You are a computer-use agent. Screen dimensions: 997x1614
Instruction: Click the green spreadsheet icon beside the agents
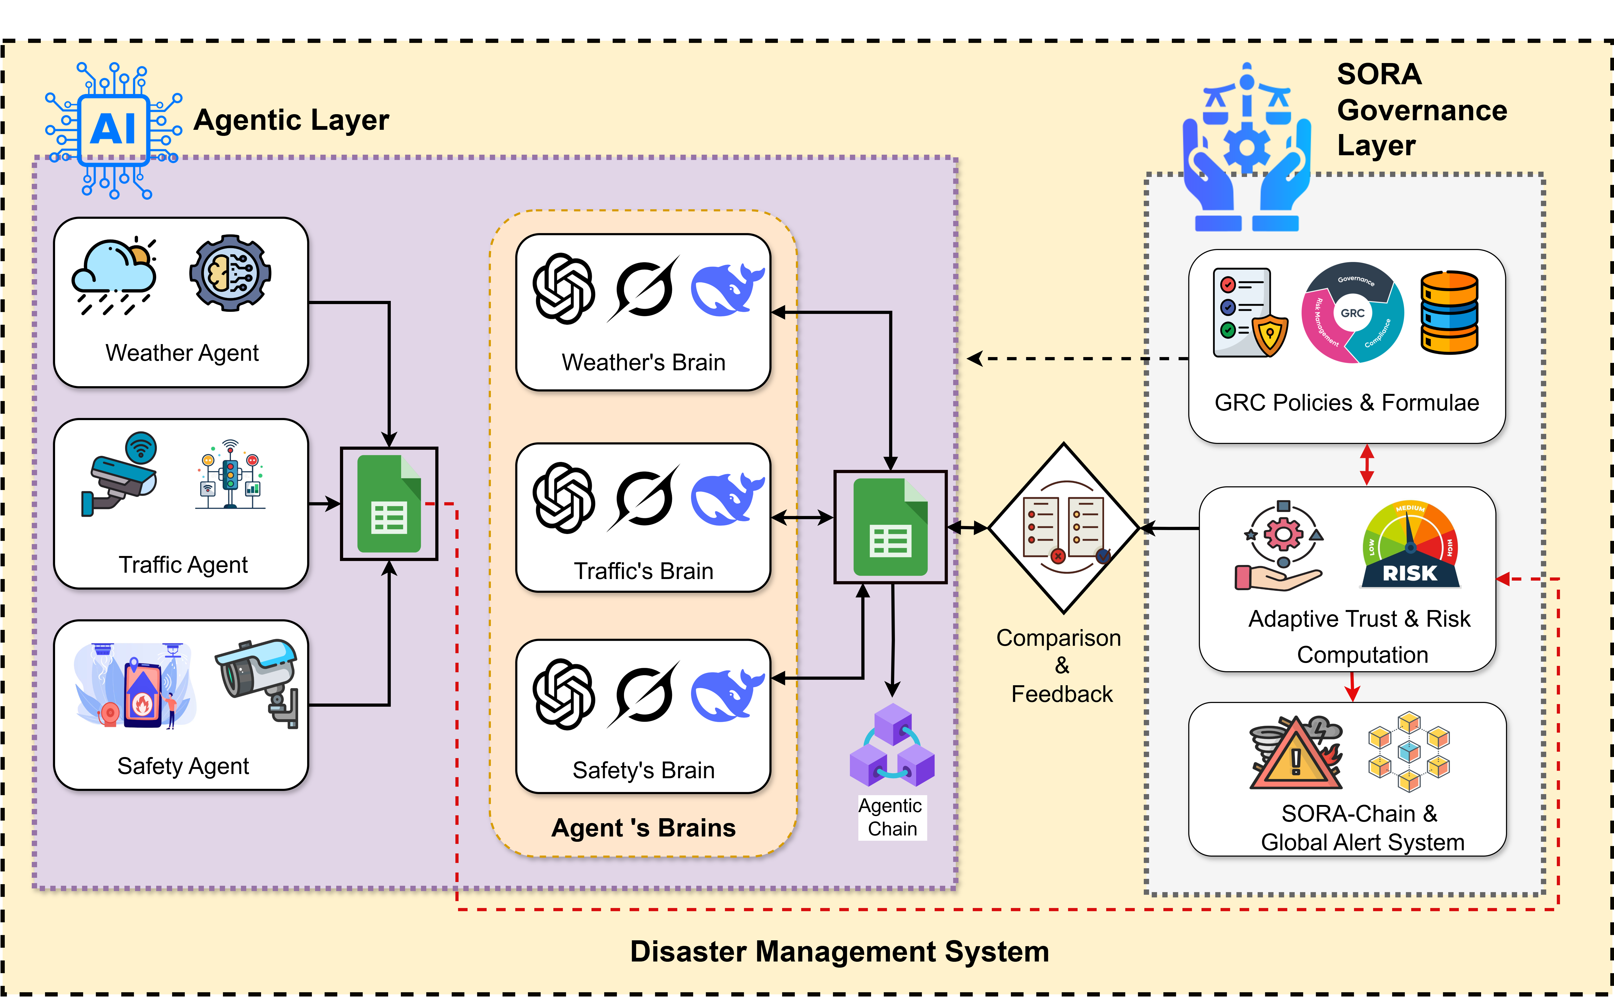coord(389,504)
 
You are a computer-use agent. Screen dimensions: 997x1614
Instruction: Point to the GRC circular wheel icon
coord(1352,313)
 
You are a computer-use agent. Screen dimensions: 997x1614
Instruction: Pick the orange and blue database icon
coord(1449,313)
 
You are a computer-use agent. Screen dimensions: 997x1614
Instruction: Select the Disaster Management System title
coord(839,951)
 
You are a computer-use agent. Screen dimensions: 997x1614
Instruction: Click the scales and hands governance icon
coord(1246,148)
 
